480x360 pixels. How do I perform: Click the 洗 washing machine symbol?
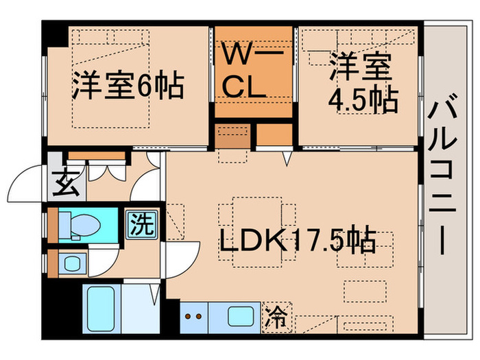pyautogui.click(x=141, y=223)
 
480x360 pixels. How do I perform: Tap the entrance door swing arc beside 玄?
pyautogui.click(x=27, y=184)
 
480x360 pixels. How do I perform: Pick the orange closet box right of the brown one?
pyautogui.click(x=275, y=136)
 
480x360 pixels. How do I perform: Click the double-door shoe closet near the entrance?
pyautogui.click(x=106, y=169)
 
